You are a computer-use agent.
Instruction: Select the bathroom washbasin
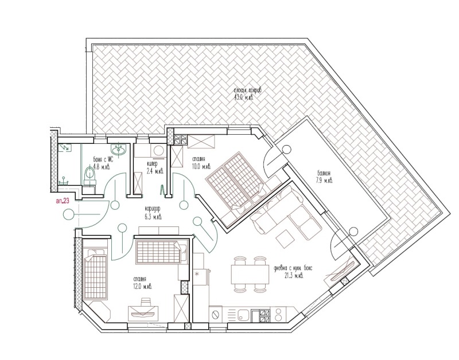pos(120,151)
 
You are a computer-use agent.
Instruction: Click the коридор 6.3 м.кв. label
pos(153,214)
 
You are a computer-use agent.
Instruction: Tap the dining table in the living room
pos(250,273)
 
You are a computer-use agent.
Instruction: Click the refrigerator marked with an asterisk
pos(200,275)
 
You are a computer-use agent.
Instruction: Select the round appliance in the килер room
pos(158,150)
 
